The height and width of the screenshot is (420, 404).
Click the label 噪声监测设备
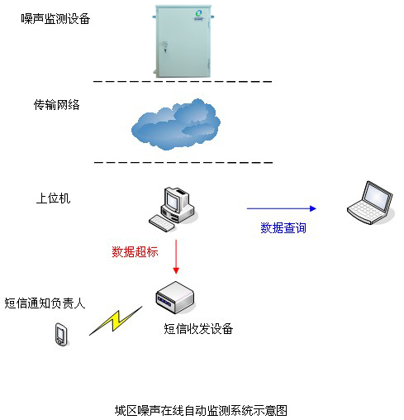pos(55,19)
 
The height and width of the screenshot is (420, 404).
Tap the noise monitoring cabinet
pos(183,41)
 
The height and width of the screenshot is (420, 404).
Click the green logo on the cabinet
pos(198,15)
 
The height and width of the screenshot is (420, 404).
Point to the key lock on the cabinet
pos(165,46)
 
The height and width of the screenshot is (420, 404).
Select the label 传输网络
pos(57,105)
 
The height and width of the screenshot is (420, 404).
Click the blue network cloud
pos(176,125)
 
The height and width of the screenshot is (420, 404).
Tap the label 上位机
pos(53,198)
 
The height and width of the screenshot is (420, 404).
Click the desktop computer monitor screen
pos(172,200)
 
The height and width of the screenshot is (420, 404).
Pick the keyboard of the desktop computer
pos(162,223)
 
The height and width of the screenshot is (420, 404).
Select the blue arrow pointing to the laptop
pos(282,208)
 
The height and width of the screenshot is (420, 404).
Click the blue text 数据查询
pos(283,228)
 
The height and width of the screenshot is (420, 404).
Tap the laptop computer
pos(370,203)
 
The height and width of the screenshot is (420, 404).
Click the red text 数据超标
pos(135,251)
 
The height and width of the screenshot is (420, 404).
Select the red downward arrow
pos(176,257)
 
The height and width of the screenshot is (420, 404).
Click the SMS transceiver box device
pos(175,298)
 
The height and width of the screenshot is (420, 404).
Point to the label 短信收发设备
pos(198,328)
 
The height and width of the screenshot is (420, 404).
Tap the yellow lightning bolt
pos(116,321)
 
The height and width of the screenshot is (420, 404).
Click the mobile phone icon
pos(61,334)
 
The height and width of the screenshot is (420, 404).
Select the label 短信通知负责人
pos(45,303)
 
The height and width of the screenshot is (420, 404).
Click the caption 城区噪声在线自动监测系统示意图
pos(201,411)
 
